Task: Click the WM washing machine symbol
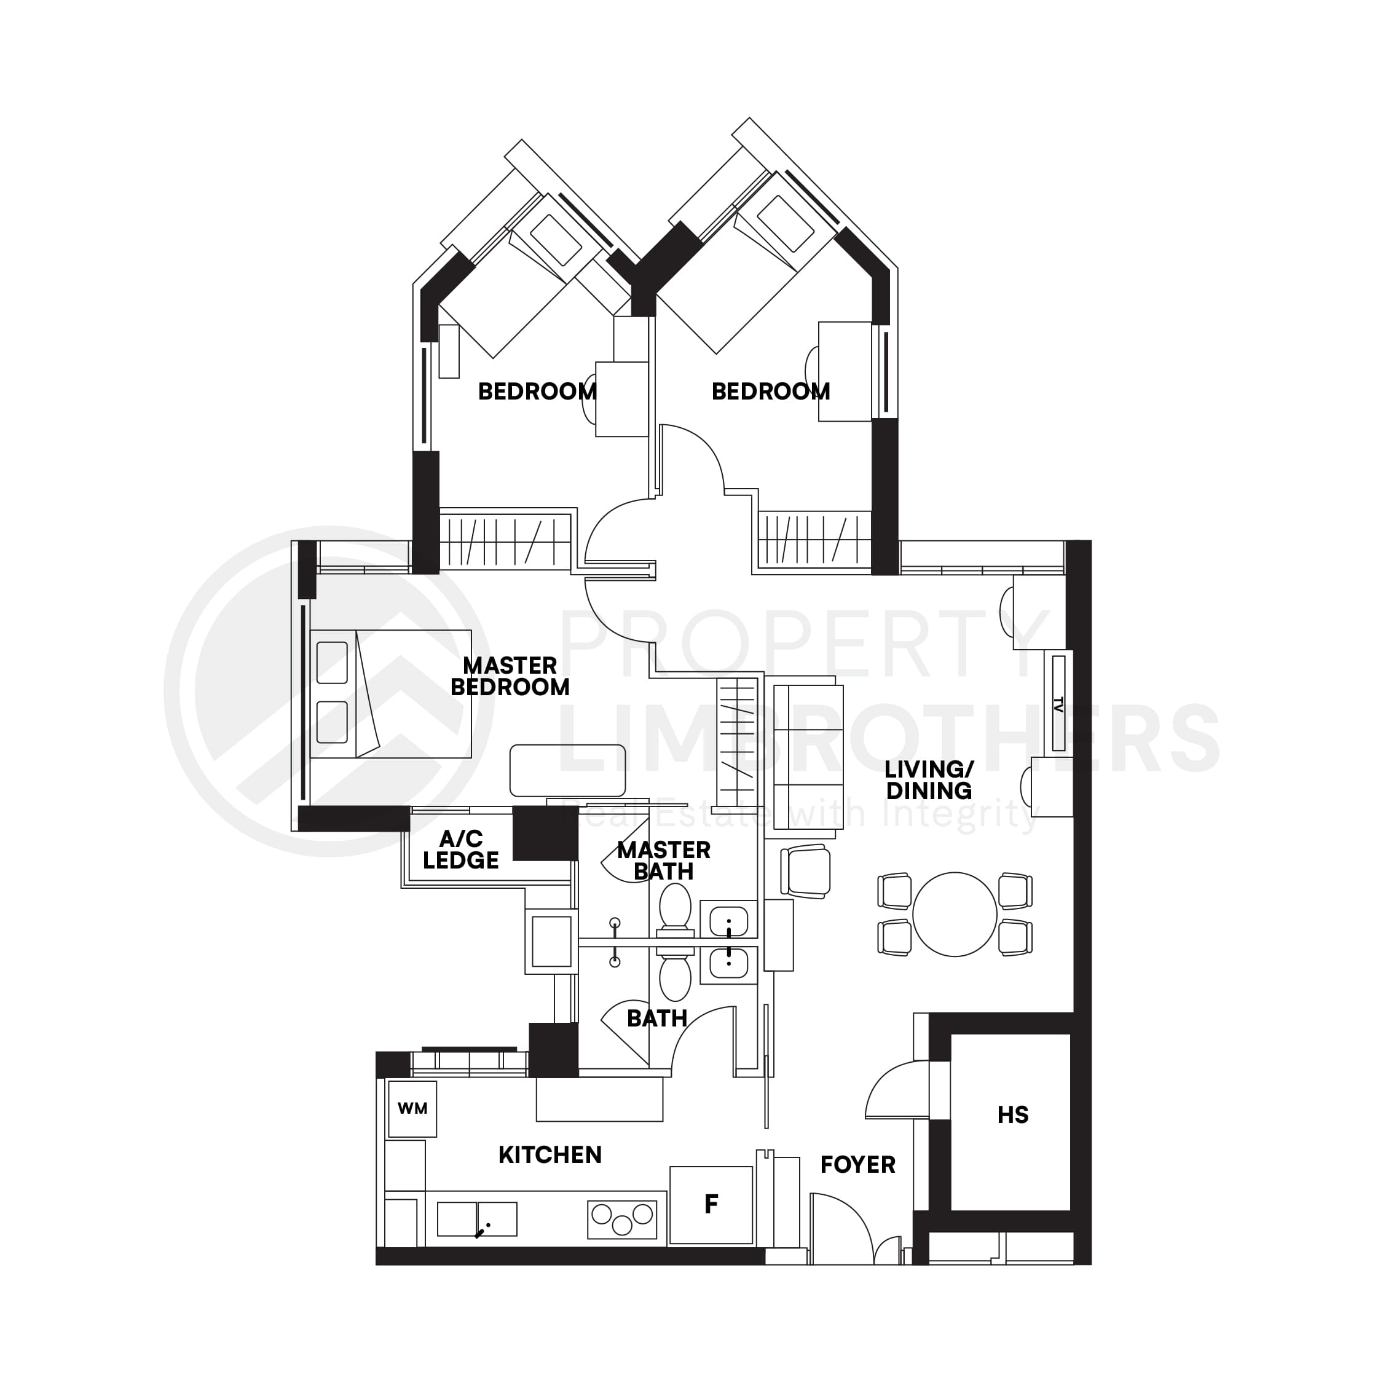point(412,1109)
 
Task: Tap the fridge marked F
point(711,1205)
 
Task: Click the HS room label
point(1012,1114)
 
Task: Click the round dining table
point(954,914)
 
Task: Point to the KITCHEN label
point(550,1154)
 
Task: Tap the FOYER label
point(857,1165)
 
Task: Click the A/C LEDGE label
point(461,849)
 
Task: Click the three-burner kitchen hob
point(622,1219)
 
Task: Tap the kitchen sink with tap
point(477,1219)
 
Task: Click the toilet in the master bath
point(674,909)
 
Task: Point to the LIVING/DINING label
point(928,780)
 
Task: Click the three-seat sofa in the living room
point(808,757)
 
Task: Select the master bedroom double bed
point(391,693)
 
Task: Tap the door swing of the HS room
point(896,1092)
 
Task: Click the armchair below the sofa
point(806,870)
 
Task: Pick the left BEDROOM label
point(537,392)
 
